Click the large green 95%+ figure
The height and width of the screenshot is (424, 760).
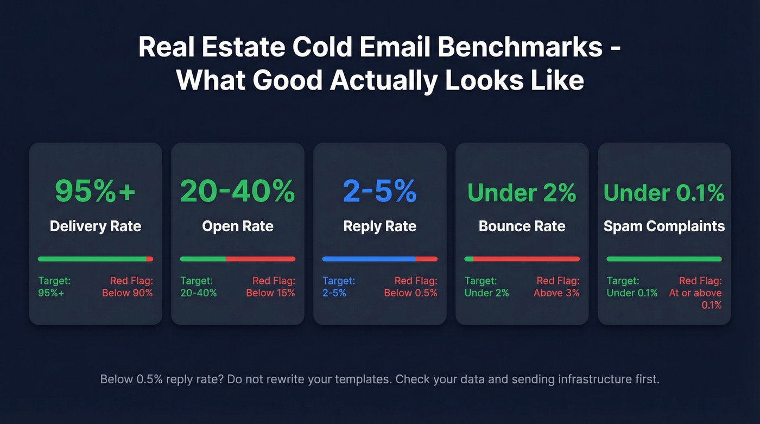coord(96,191)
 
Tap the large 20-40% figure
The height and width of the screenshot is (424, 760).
coord(238,191)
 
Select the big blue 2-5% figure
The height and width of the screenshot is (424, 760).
coord(380,191)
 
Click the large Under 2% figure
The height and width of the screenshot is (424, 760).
coord(522,193)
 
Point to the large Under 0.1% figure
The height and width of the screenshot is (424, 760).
coord(664,193)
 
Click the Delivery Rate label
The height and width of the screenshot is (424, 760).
coord(96,226)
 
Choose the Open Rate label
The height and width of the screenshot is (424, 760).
coord(238,226)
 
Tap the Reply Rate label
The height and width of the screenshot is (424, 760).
coord(380,226)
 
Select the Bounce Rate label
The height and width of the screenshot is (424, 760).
coord(522,226)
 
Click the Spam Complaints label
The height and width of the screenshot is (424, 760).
coord(664,226)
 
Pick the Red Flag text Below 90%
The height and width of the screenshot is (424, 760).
coord(128,293)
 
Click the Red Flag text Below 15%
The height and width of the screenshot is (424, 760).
coord(270,293)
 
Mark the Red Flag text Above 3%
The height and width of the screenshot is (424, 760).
coord(556,293)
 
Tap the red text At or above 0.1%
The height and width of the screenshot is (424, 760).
coord(695,299)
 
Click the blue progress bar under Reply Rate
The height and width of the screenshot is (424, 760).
coord(369,259)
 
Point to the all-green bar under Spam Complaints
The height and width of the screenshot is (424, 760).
coord(664,259)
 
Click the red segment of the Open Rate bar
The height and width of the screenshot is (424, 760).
coord(261,259)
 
